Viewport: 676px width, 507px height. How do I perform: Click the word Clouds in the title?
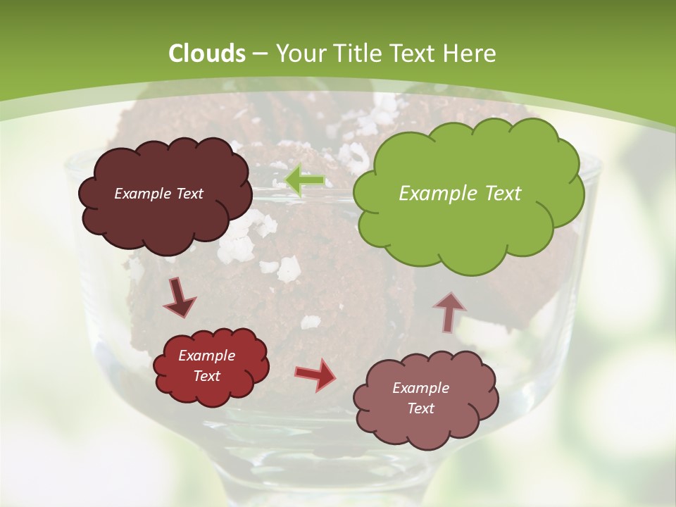[x=207, y=54]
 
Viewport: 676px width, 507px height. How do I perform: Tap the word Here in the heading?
[x=469, y=54]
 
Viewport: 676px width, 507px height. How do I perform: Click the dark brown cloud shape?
[x=165, y=222]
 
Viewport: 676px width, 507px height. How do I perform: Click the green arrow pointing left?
[x=305, y=180]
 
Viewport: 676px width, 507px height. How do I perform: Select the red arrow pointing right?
[x=315, y=375]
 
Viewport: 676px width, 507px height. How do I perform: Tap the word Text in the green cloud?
[x=502, y=194]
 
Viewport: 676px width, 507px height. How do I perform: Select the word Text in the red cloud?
[x=207, y=376]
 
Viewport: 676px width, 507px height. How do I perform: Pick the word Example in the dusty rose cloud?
[x=420, y=388]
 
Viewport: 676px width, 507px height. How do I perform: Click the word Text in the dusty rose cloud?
[x=420, y=408]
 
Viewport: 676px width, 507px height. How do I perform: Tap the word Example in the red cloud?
[x=207, y=356]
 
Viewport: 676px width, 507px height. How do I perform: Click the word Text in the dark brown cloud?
[x=189, y=194]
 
